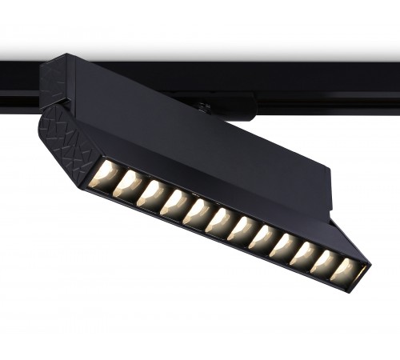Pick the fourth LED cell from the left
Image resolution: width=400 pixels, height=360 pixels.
[174, 204]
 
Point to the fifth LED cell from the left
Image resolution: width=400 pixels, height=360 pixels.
[197, 213]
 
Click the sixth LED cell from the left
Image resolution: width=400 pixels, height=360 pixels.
[219, 222]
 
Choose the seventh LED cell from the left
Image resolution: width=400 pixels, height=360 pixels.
[242, 230]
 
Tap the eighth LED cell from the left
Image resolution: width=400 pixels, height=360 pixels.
[263, 238]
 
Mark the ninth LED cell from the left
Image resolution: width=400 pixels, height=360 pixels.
[284, 246]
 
